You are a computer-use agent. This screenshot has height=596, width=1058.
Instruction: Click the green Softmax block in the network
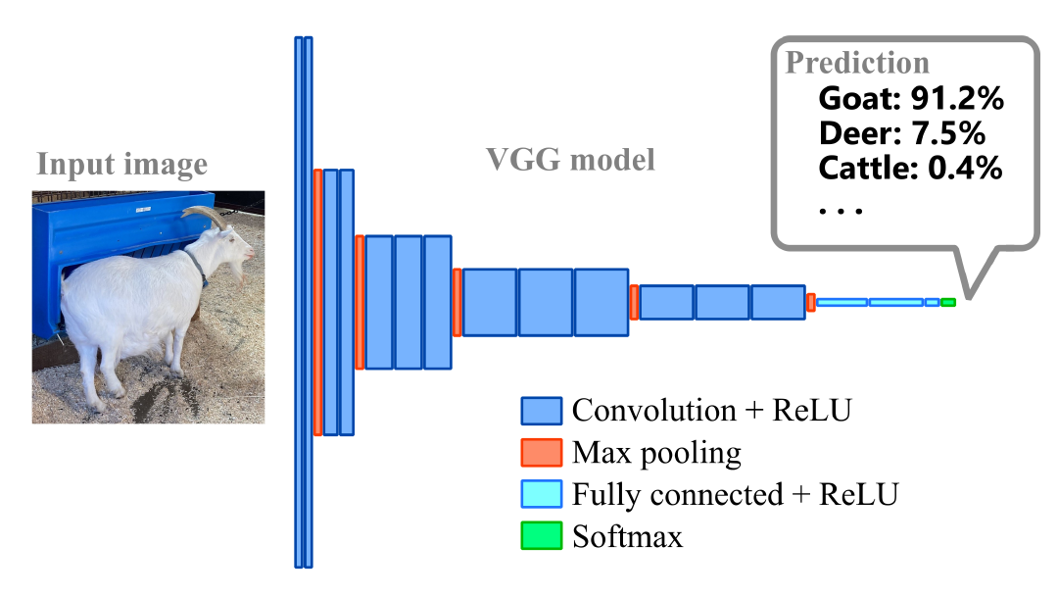(947, 303)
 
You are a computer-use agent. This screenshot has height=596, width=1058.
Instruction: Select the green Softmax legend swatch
(541, 535)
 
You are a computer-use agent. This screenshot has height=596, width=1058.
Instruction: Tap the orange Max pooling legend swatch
(541, 452)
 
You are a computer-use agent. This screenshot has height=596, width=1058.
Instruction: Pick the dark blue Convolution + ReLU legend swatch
(541, 410)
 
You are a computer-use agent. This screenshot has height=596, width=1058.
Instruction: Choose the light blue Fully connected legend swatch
(541, 494)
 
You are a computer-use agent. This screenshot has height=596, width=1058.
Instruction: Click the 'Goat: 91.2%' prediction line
(911, 98)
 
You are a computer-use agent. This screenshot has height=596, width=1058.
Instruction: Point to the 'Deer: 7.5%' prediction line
(901, 132)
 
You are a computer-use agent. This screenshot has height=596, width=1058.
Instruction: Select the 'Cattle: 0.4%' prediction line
(910, 168)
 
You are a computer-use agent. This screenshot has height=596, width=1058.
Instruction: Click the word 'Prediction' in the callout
(857, 63)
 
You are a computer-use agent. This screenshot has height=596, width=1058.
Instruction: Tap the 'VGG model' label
(571, 159)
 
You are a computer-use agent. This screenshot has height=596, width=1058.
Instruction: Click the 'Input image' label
(122, 164)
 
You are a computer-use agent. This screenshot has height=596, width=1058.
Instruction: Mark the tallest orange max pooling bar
(317, 302)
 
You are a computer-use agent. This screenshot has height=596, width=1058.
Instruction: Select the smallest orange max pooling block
(811, 302)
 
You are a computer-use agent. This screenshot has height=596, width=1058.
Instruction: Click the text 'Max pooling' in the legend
(656, 453)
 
